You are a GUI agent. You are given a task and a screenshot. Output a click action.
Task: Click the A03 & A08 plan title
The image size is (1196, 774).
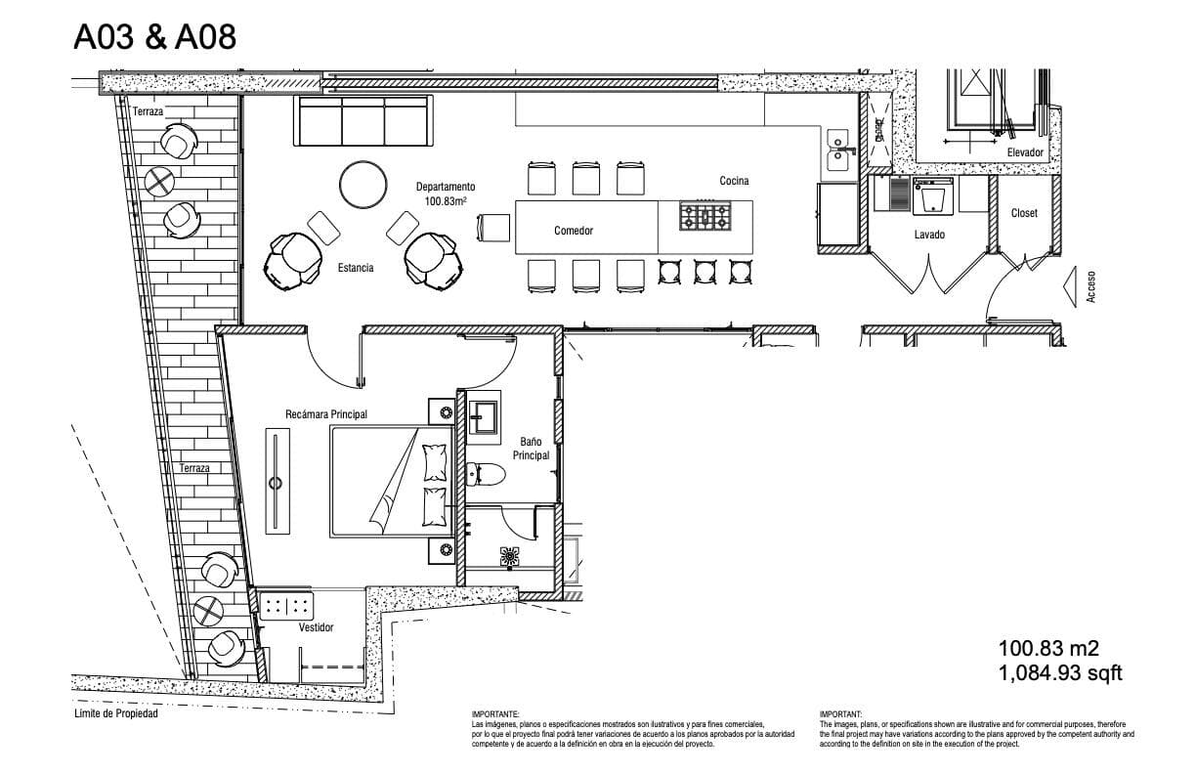(154, 37)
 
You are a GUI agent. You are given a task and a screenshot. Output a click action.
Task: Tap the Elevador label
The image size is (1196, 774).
(1025, 152)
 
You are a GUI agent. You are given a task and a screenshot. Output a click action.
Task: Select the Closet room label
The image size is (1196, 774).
(1024, 213)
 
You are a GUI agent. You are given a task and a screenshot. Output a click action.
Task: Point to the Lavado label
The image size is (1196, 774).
(929, 235)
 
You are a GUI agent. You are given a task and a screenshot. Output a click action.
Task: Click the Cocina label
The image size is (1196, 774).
(734, 181)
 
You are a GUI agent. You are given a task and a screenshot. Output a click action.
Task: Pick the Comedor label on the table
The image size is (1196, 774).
(574, 231)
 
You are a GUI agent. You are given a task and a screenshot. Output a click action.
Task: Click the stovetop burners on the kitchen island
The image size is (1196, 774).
(705, 216)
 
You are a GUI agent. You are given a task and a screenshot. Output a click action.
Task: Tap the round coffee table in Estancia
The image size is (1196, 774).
(363, 185)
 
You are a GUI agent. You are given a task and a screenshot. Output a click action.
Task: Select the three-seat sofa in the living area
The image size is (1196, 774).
(363, 121)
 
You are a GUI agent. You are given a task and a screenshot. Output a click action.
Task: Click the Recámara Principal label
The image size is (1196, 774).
(326, 414)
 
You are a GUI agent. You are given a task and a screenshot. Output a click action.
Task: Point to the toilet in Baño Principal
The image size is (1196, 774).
(486, 474)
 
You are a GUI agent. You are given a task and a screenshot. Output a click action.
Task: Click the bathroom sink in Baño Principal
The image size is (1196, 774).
(484, 417)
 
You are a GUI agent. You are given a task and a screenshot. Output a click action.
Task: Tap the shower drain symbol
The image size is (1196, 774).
(510, 556)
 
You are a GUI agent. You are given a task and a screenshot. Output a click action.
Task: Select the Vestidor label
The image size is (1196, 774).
(316, 627)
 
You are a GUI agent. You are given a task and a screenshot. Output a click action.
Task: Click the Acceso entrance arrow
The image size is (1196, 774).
(1069, 287)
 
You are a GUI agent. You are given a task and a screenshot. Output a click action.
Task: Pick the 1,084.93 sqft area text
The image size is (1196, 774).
(1060, 673)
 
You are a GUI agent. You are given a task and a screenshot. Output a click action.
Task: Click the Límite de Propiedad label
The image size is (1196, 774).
(116, 713)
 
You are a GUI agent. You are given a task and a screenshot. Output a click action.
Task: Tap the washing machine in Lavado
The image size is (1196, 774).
(933, 196)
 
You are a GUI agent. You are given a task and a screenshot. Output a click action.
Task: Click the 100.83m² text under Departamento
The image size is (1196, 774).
(446, 201)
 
